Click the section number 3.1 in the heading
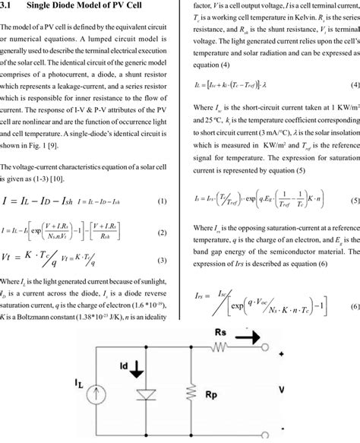[9, 5]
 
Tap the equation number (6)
[355, 306]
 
